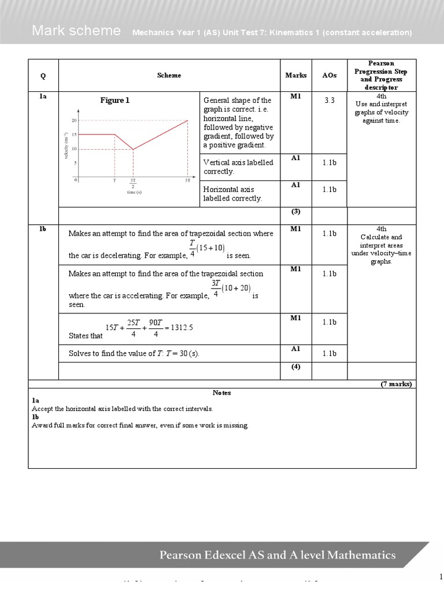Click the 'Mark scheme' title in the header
point(76,31)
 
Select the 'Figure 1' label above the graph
point(114,101)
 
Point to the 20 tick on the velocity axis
point(74,121)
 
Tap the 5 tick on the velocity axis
point(75,163)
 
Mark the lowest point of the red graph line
point(133,149)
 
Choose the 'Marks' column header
point(296,75)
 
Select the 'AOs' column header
point(330,75)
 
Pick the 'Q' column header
point(43,75)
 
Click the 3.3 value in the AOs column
point(330,100)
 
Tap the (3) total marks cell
point(296,212)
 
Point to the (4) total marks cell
point(296,367)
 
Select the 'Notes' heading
point(222,393)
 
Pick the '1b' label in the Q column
point(43,229)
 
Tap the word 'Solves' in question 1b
point(80,353)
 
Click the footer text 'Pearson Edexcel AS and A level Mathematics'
point(277,556)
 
